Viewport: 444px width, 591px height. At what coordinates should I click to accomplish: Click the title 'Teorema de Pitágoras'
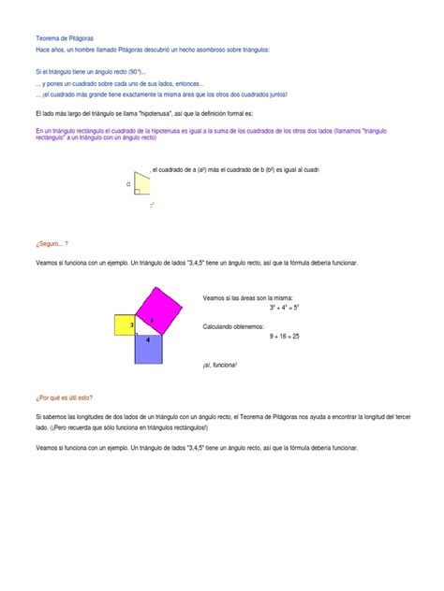point(64,37)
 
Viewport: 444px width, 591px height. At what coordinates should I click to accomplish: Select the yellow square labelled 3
point(126,324)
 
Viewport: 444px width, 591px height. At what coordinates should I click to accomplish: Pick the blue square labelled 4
point(149,349)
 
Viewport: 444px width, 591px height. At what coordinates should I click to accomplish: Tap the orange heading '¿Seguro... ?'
point(52,241)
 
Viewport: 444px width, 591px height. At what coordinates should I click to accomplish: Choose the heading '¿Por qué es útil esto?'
point(64,397)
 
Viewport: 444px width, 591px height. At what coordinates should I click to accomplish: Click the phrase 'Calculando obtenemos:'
point(234,325)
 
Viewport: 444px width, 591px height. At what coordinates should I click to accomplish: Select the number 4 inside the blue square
point(148,340)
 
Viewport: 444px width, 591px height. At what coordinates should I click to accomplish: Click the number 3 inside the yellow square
point(132,324)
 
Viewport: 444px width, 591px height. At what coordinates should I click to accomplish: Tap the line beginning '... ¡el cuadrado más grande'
point(161,94)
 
